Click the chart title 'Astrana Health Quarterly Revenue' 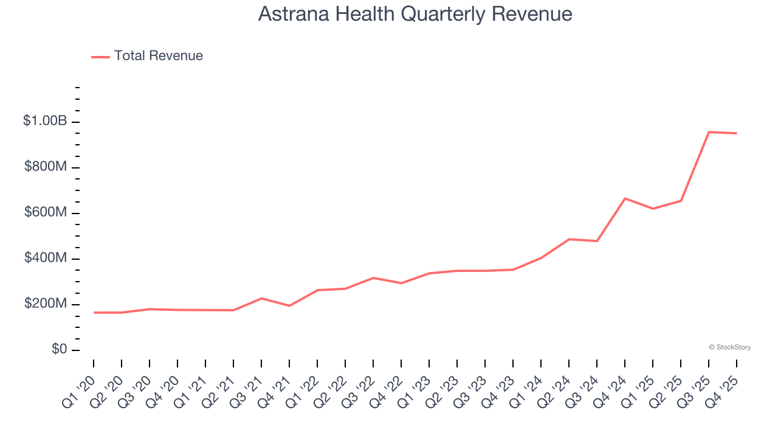(x=415, y=14)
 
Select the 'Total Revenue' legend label (x=158, y=56)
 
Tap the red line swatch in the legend (x=100, y=57)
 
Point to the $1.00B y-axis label (x=45, y=121)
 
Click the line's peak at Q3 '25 (x=709, y=132)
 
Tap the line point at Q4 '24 (x=625, y=198)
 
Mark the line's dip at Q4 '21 (x=289, y=305)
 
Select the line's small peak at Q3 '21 (x=261, y=298)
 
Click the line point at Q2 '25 (x=681, y=201)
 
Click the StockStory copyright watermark (x=729, y=347)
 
